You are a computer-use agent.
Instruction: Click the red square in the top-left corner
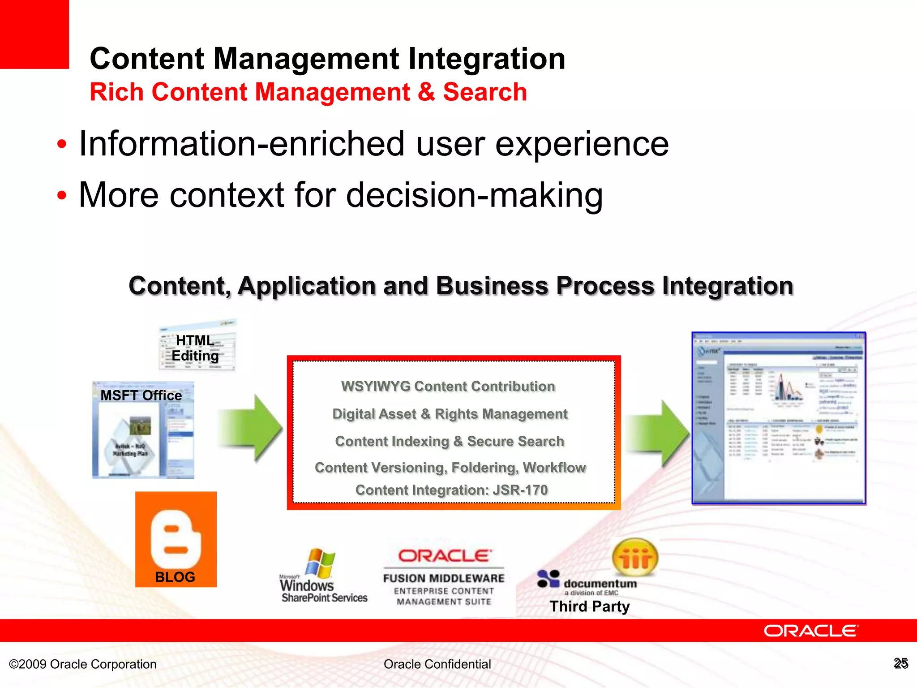[34, 34]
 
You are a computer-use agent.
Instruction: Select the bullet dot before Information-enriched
[62, 145]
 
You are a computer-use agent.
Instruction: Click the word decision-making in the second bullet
[474, 195]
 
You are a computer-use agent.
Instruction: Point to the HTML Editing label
[195, 348]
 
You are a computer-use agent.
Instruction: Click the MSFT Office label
[141, 396]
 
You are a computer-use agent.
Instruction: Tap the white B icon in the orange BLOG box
[176, 538]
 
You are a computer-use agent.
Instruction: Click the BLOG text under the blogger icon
[175, 577]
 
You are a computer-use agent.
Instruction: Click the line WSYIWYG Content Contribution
[448, 386]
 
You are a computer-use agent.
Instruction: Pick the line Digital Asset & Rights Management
[450, 414]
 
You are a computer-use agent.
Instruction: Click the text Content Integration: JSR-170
[451, 490]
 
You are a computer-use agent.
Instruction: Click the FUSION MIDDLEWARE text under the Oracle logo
[444, 578]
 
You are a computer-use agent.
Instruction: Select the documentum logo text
[600, 584]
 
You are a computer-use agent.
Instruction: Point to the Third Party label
[589, 606]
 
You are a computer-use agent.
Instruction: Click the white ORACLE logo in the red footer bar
[811, 631]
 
